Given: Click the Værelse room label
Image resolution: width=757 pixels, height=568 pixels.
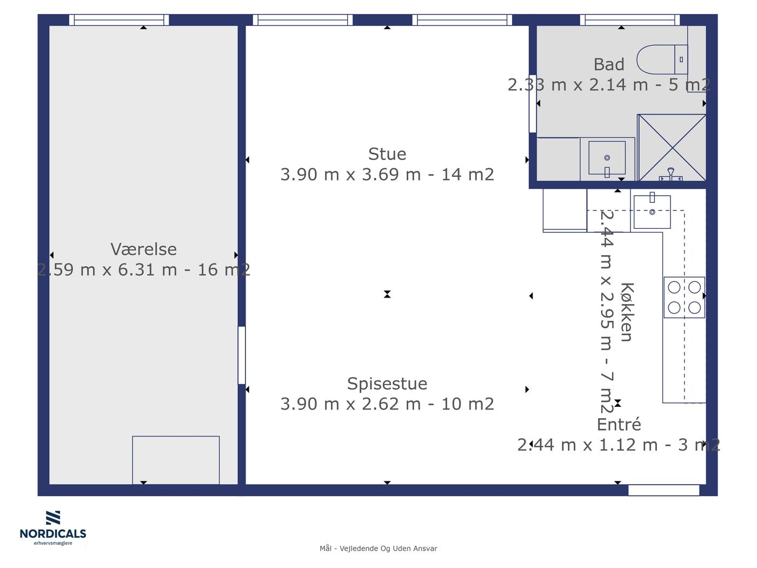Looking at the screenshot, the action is point(143,249).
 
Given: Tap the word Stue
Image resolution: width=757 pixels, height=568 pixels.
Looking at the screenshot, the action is point(387,154).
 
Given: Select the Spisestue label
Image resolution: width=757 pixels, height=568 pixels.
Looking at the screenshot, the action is point(387,384).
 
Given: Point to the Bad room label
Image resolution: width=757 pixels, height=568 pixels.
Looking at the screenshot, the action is point(609,64).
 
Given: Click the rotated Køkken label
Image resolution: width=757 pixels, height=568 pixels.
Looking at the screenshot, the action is point(627,312).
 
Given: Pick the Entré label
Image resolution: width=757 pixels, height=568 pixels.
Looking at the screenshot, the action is point(619,424).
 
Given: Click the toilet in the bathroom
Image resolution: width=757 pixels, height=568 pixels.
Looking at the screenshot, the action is point(662,60).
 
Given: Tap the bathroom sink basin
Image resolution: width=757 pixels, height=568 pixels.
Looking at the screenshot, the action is point(607,158).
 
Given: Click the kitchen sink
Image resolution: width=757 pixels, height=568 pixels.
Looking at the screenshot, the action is point(652,212).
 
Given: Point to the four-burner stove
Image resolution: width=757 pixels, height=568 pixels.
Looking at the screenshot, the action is point(684,297).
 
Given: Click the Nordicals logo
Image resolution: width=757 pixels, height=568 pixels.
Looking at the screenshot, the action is point(53,527).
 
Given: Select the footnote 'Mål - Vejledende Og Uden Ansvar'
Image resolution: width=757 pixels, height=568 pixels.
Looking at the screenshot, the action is point(378,549).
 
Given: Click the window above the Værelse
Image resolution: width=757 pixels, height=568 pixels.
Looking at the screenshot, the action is point(119,20).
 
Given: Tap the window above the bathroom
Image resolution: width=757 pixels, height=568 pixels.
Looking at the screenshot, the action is point(630,20).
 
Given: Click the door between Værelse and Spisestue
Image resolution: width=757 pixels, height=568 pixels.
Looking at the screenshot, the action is point(242,355).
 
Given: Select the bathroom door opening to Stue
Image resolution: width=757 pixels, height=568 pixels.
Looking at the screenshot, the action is point(533,103).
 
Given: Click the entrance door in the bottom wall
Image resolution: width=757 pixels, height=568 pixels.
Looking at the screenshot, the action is point(664,490).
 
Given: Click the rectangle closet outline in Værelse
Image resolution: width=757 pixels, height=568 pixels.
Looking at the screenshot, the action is point(176,460).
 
